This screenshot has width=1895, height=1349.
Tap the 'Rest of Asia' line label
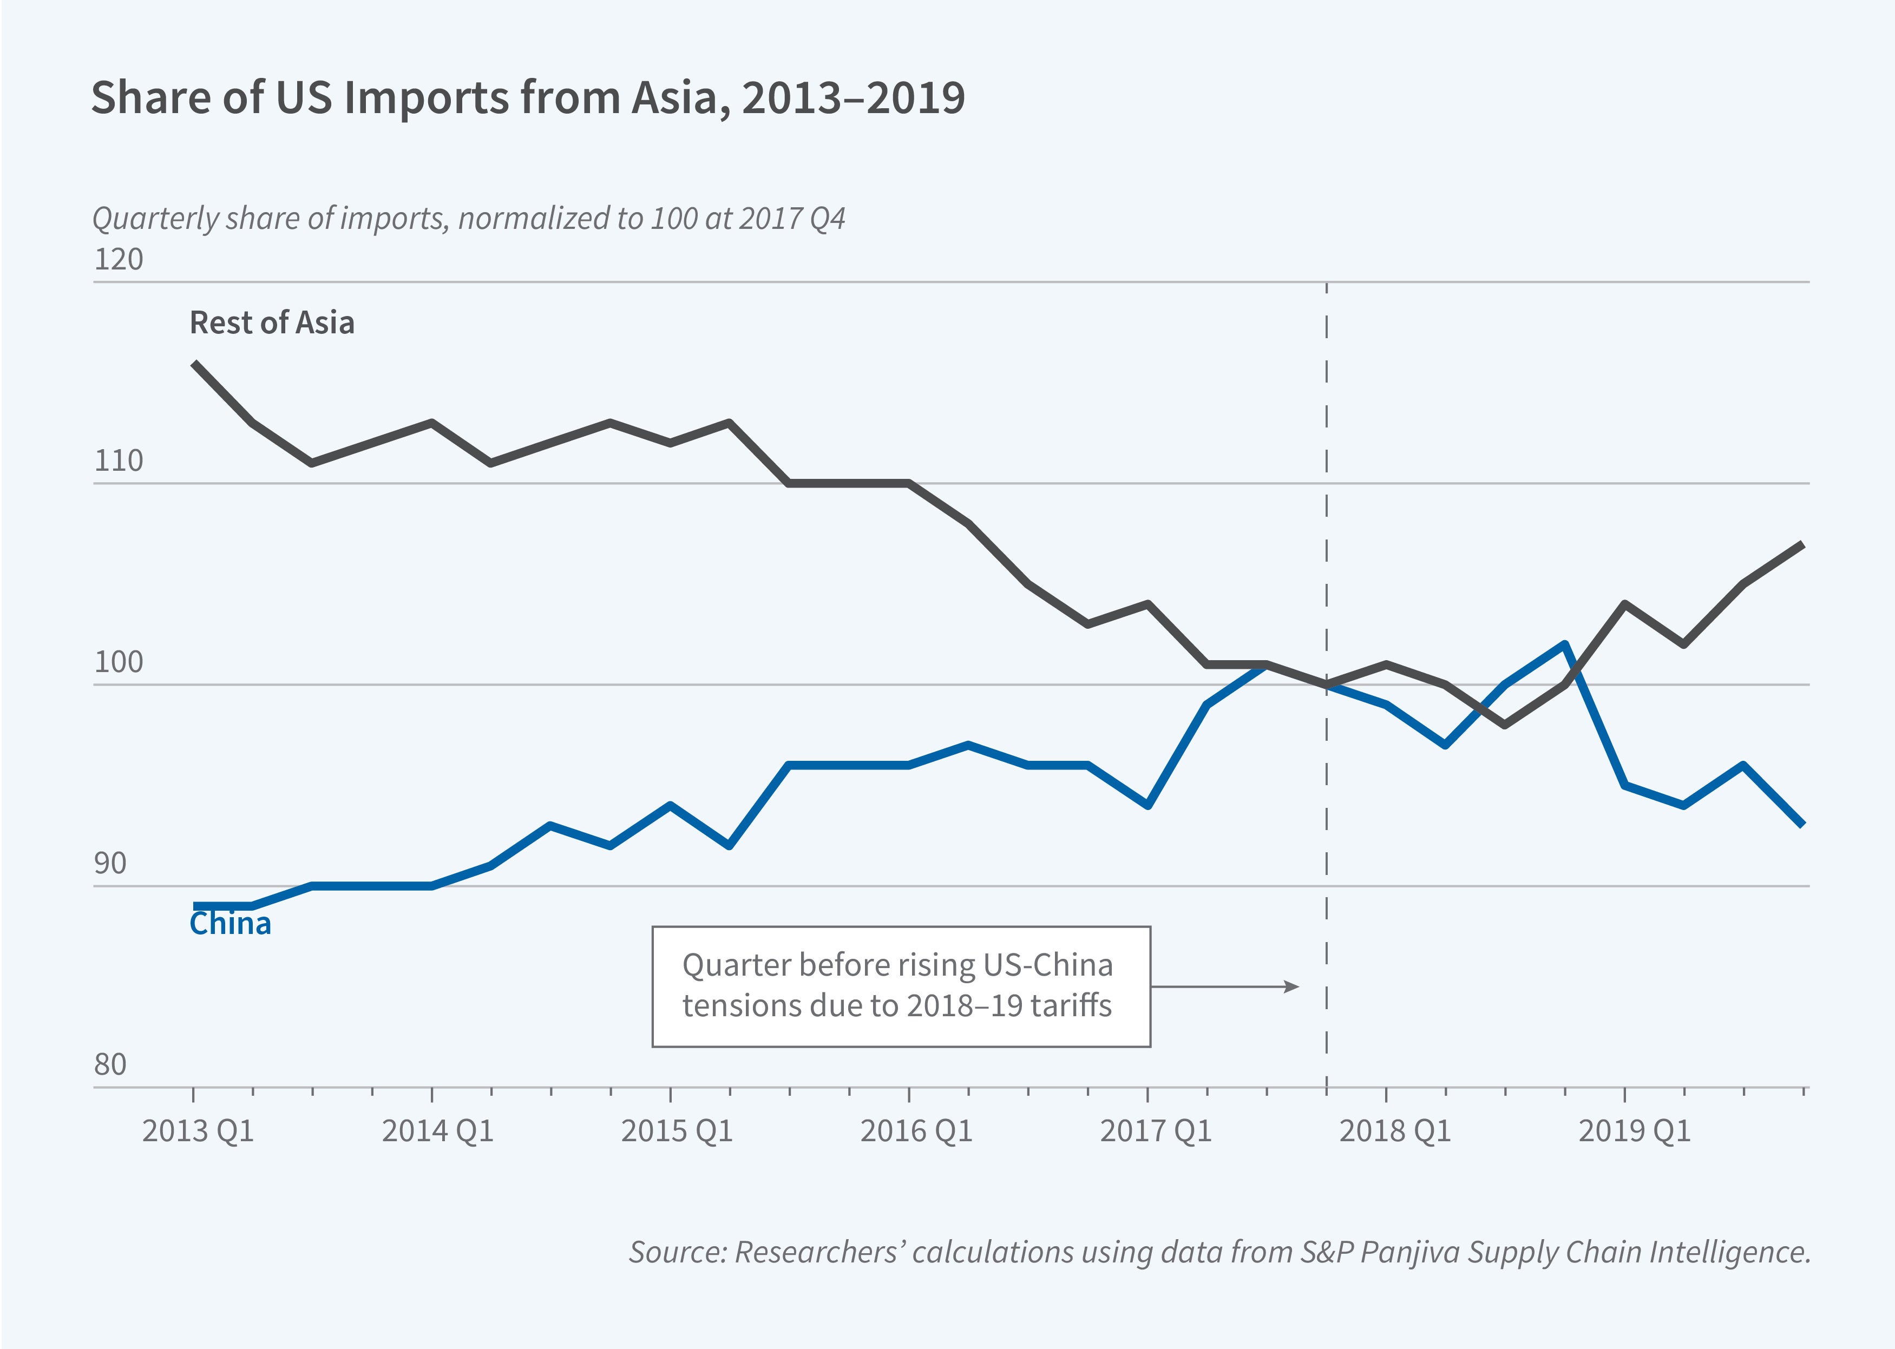272,323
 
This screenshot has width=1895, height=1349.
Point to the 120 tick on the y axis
118,259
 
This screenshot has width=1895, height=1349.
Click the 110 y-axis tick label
118,460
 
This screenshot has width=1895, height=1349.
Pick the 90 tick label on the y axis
110,863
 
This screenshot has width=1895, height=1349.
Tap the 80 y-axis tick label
110,1064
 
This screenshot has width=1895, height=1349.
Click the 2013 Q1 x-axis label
198,1130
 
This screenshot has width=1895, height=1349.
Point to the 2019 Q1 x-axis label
1634,1130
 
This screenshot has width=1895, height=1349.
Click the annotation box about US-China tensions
901,986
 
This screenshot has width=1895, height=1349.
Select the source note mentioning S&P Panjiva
1219,1252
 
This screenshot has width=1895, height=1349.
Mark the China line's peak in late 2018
1564,644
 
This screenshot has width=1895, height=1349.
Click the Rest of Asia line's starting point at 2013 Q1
194,363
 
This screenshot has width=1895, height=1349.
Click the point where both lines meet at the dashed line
1326,685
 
